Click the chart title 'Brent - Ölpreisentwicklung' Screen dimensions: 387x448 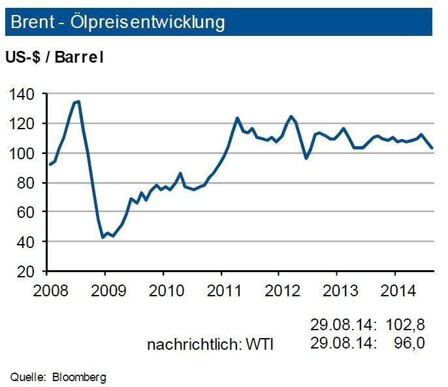coord(118,22)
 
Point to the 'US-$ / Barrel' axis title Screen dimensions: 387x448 coord(55,57)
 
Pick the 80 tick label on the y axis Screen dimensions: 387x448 coord(25,183)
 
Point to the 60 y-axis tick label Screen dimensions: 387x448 coord(25,212)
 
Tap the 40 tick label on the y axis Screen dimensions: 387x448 coord(25,241)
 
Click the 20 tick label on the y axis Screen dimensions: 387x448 coord(25,271)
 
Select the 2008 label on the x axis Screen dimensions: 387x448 coord(47,288)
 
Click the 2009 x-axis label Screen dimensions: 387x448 coord(104,288)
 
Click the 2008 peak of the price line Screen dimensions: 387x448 coord(78,101)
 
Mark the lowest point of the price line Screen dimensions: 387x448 coord(103,238)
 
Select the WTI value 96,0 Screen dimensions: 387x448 coord(410,343)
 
